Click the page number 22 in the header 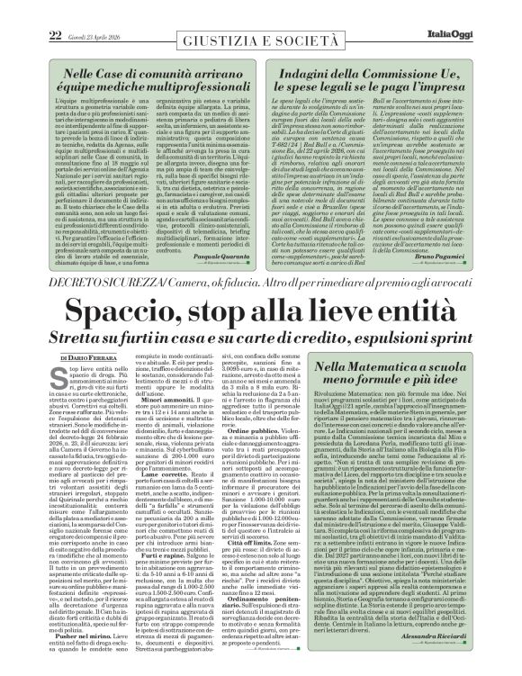coord(29,10)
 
